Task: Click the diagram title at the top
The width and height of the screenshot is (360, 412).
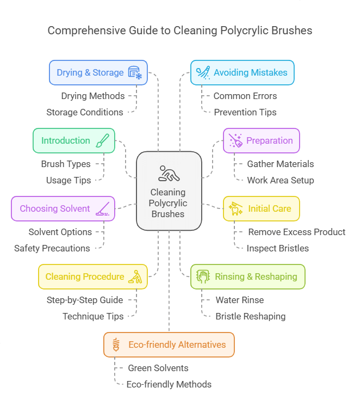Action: [180, 30]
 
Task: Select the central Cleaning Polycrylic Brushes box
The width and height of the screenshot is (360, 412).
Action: [169, 190]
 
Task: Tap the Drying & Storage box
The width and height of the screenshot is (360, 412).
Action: [98, 72]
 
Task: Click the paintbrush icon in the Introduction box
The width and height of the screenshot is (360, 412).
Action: [102, 140]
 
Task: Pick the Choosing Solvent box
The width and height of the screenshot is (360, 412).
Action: [63, 208]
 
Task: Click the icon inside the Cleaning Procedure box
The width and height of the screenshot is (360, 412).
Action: [135, 277]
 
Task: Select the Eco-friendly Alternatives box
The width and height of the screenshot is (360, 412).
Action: [169, 345]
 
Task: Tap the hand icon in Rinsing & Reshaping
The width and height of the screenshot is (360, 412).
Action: [203, 276]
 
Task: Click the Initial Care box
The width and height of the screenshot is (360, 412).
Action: [261, 208]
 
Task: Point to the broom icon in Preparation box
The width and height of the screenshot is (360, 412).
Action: [235, 140]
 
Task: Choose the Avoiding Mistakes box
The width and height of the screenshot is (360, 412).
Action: [242, 72]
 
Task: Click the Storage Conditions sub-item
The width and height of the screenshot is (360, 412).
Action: [84, 112]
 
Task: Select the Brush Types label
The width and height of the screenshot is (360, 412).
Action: [66, 164]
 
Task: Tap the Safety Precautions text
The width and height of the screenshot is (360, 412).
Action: [52, 248]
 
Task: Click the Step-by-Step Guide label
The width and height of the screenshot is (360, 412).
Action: [85, 300]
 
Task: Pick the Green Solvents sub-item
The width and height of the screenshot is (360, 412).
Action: [158, 368]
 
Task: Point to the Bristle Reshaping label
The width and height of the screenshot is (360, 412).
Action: [250, 316]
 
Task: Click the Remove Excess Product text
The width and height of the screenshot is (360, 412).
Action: [296, 232]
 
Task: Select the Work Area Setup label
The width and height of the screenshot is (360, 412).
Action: [280, 180]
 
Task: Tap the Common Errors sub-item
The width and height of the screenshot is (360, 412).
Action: [245, 96]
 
